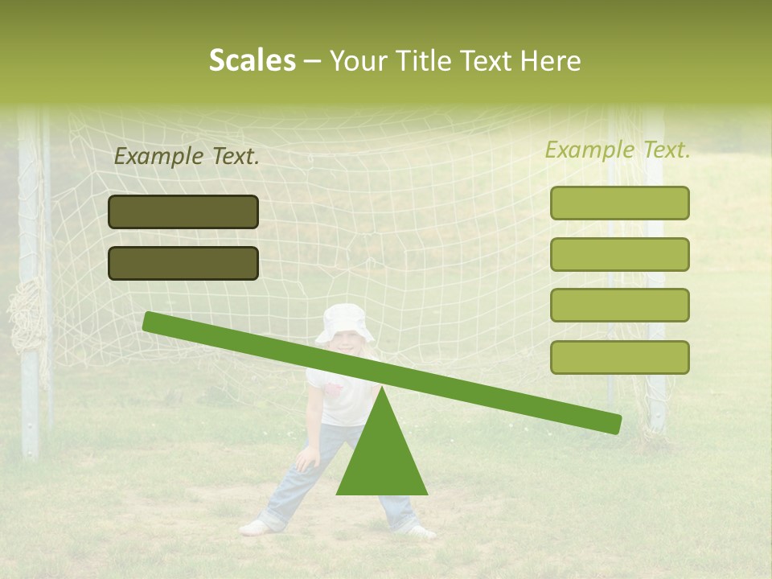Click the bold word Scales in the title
point(253,61)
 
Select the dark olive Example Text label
point(187,157)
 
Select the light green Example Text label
point(618,150)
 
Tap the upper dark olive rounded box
point(183,211)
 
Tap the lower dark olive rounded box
point(183,263)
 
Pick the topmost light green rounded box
point(619,203)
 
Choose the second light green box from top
point(619,254)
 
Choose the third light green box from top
point(619,306)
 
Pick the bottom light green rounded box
point(619,357)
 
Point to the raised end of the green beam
point(153,322)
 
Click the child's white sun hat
point(345,322)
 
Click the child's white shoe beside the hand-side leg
point(255,528)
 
